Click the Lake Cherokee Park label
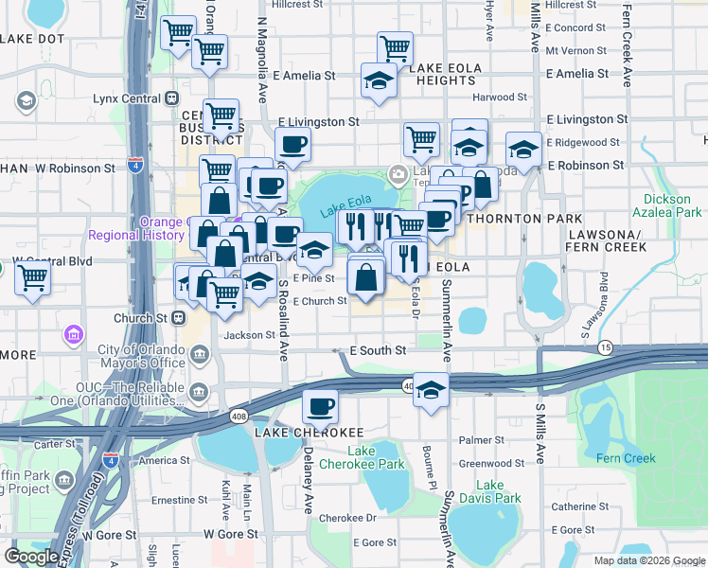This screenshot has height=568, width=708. click(376, 457)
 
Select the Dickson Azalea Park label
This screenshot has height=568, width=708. click(673, 206)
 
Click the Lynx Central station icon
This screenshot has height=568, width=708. click(172, 98)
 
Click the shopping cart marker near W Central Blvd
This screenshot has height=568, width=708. click(32, 278)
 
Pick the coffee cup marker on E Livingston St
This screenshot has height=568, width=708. click(292, 144)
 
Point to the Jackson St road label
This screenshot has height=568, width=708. click(249, 335)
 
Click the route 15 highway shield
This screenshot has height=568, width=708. click(605, 348)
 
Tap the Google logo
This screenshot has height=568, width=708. click(32, 557)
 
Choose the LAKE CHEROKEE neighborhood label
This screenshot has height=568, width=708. click(295, 432)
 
